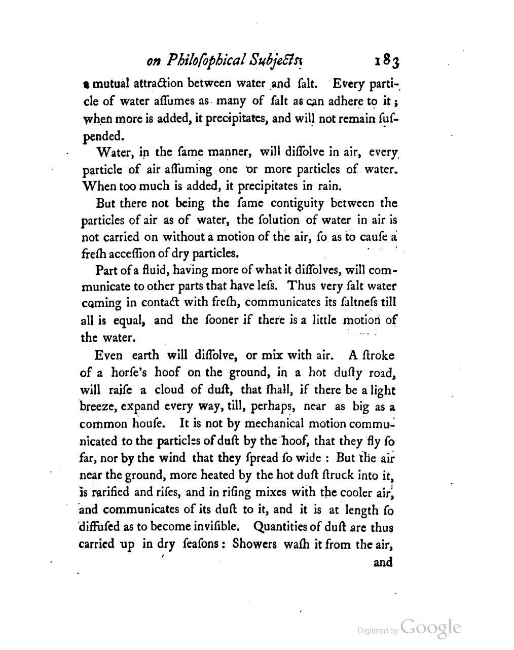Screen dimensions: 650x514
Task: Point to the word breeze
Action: pyautogui.click(x=99, y=407)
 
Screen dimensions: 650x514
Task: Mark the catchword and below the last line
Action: pyautogui.click(x=383, y=562)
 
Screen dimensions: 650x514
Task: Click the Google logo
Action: pyautogui.click(x=430, y=627)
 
